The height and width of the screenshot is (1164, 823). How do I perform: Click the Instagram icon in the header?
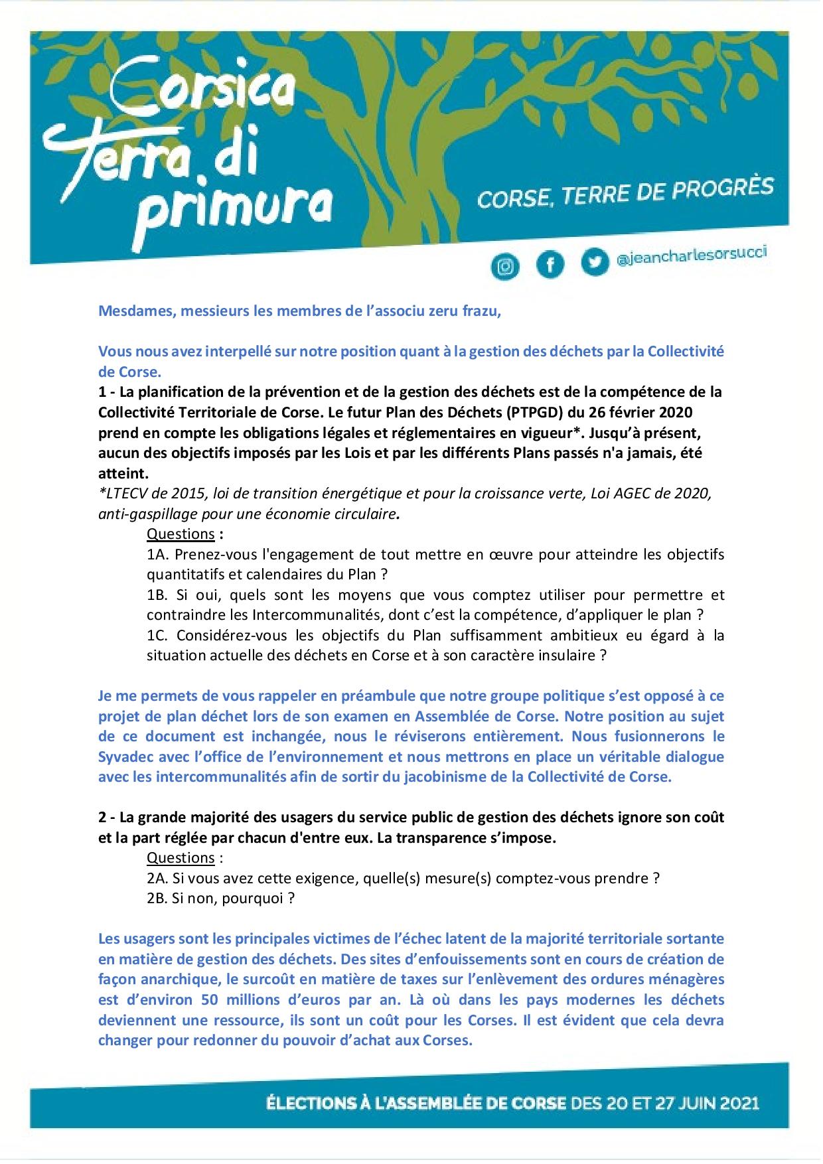[506, 266]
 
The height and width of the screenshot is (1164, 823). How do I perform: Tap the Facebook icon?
[550, 265]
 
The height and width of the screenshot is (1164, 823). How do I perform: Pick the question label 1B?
[158, 595]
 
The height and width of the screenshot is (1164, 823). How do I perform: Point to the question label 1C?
[158, 635]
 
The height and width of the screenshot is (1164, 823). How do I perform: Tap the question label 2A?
[158, 878]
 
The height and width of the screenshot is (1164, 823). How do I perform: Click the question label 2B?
[158, 898]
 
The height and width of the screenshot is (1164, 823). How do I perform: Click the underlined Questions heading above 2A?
[181, 857]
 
